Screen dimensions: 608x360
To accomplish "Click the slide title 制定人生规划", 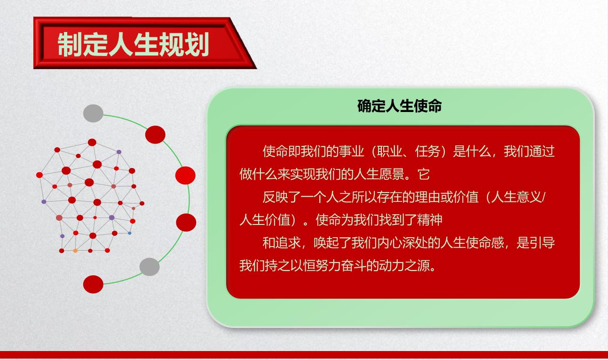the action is pyautogui.click(x=133, y=44).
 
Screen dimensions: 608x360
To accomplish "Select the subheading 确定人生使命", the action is pyautogui.click(x=399, y=106).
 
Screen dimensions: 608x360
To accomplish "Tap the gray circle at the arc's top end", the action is pyautogui.click(x=93, y=113).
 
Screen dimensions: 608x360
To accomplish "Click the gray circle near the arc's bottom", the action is pyautogui.click(x=150, y=267).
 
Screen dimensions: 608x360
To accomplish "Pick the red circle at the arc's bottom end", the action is pyautogui.click(x=93, y=284).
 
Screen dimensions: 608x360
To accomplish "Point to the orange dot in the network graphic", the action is pyautogui.click(x=75, y=251).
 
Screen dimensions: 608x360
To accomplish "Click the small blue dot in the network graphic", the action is pyautogui.click(x=129, y=233).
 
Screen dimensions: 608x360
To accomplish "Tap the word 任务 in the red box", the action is pyautogui.click(x=427, y=152).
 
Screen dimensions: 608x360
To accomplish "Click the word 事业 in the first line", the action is pyautogui.click(x=351, y=152).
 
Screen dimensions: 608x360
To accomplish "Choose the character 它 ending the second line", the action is pyautogui.click(x=423, y=174).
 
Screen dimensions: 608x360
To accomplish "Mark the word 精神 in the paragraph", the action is pyautogui.click(x=430, y=220).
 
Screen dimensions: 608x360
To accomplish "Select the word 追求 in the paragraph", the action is pyautogui.click(x=288, y=243).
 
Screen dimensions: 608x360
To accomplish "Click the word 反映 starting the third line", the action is pyautogui.click(x=275, y=197).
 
